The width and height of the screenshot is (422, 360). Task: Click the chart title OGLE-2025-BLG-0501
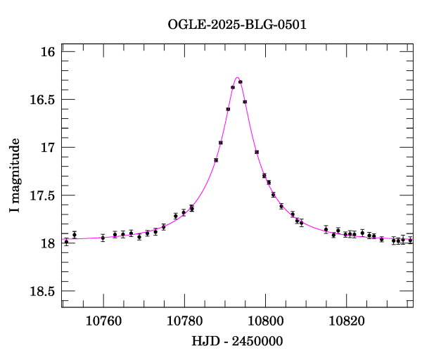pos(237,25)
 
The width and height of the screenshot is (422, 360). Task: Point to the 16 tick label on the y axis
pos(48,52)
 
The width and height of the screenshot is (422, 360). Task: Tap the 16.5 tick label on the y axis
pos(43,100)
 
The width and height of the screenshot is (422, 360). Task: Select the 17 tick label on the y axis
pos(48,148)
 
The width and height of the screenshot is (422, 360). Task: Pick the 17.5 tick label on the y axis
pos(43,195)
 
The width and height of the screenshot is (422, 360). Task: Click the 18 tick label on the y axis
pos(48,243)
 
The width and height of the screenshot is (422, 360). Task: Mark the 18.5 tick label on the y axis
pos(43,291)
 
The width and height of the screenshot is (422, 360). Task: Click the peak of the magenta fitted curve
pos(237,78)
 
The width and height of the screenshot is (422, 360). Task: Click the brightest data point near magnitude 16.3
pos(241,82)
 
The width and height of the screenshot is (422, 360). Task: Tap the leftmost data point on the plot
pos(66,241)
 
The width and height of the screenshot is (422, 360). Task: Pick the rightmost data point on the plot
pos(410,240)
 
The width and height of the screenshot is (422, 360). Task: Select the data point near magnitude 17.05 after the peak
pos(257,152)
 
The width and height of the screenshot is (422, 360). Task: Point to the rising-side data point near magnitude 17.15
pos(216,160)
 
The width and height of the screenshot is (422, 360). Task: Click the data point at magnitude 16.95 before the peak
pos(221,143)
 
